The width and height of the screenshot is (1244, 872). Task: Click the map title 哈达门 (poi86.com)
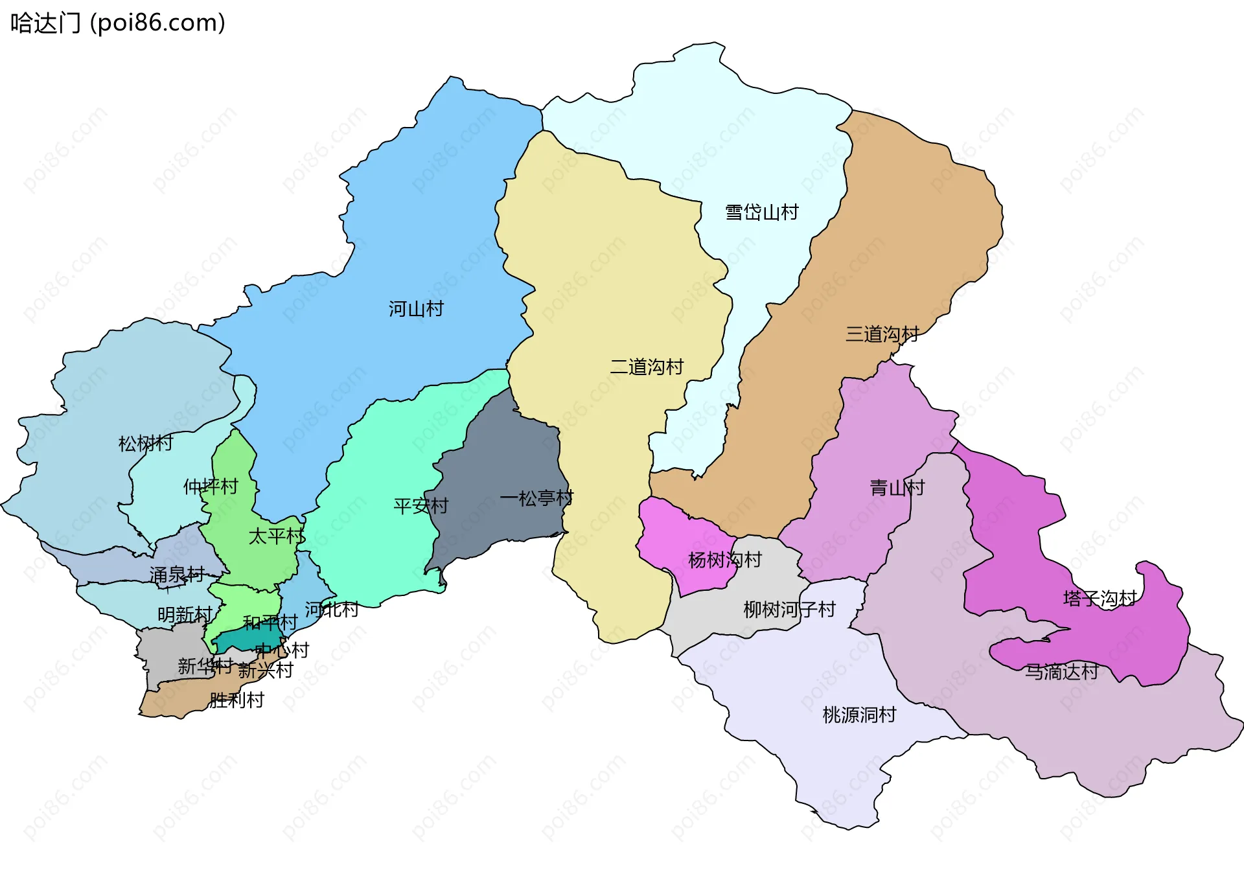(x=118, y=23)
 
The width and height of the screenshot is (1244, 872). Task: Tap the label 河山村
(x=416, y=309)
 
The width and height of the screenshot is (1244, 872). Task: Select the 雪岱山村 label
(x=761, y=212)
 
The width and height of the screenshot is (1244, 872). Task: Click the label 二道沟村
(x=647, y=367)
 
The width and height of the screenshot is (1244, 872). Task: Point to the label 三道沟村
(x=882, y=334)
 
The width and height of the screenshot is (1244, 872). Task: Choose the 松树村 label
(x=146, y=444)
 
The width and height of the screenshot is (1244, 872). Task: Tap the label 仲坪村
(x=211, y=487)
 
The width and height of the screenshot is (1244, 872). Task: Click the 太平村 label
(x=276, y=536)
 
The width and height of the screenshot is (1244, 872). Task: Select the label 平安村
(x=420, y=506)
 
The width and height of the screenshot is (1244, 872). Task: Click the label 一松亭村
(x=536, y=498)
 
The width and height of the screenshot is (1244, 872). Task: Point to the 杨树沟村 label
(x=724, y=560)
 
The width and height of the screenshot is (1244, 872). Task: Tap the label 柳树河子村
(x=789, y=610)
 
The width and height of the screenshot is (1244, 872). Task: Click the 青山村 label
(x=897, y=488)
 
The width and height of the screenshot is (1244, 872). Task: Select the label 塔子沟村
(x=1100, y=599)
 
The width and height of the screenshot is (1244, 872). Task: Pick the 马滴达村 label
(x=1061, y=672)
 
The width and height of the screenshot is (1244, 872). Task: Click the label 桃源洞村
(x=859, y=715)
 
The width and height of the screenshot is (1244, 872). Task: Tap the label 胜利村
(x=236, y=700)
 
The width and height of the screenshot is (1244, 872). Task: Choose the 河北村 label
(x=332, y=610)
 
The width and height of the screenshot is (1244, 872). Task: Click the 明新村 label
(x=185, y=615)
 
